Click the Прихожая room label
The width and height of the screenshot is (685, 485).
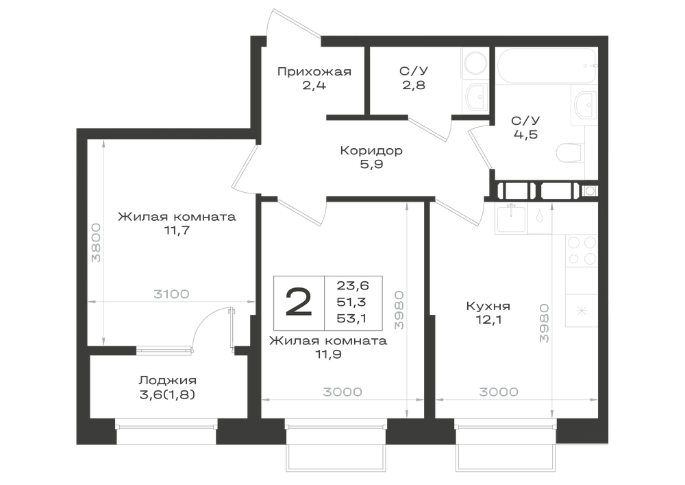(314, 71)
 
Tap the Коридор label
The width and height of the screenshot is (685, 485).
(371, 151)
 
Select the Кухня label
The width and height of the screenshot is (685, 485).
(488, 306)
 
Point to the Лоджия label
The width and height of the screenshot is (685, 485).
(167, 381)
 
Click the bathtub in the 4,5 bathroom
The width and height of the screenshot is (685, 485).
(546, 66)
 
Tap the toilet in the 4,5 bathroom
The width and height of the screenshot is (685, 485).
(570, 152)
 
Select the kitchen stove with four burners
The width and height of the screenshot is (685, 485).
(582, 250)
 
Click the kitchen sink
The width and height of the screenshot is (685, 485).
(511, 219)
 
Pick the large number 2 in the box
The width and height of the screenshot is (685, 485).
(299, 303)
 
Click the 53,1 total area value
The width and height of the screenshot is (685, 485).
(351, 318)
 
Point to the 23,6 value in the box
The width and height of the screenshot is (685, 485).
(353, 285)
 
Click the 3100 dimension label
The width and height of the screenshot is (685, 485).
(171, 294)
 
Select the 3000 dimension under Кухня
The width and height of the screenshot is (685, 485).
(499, 392)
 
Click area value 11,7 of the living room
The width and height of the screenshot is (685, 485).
(177, 230)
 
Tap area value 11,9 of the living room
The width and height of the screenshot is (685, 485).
(328, 354)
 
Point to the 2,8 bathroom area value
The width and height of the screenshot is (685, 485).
(414, 85)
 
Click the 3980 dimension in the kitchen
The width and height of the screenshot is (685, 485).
(544, 322)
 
